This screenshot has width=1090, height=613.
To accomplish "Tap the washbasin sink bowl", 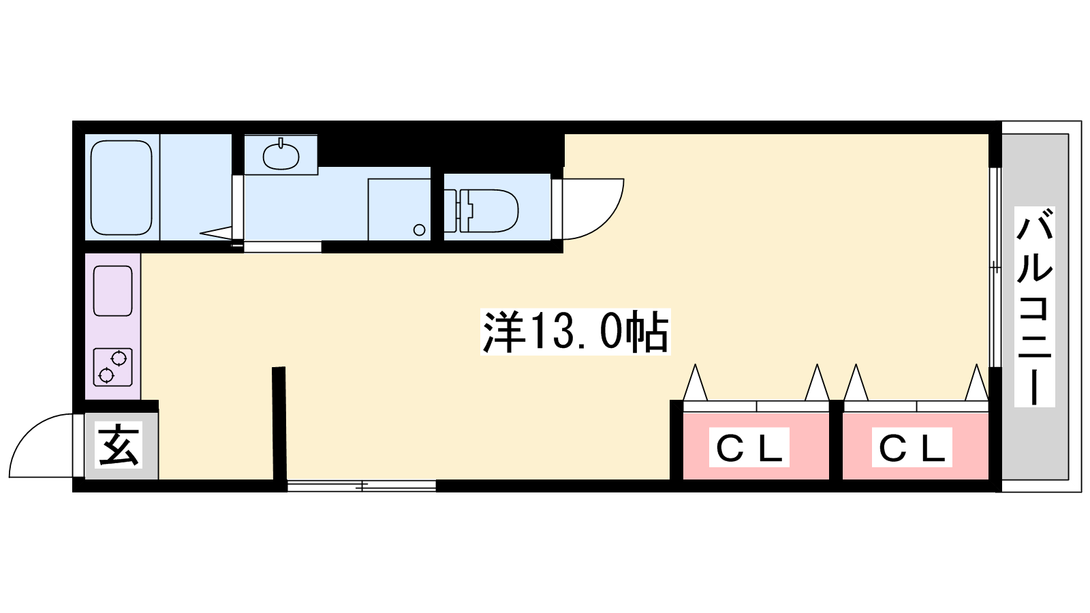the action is point(281,156).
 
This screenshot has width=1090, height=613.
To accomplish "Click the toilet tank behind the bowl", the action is point(450,210).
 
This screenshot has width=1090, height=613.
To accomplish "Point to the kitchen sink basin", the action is point(113,290).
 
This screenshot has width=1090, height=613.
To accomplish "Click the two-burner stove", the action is point(113,367).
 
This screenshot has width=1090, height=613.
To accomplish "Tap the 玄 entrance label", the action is point(119,445).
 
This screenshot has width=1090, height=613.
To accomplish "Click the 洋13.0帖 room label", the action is point(575,331).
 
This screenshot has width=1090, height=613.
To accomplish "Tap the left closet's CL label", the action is point(749,447).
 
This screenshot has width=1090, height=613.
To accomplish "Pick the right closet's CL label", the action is point(912,447).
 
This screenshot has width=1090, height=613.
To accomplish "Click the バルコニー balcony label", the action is point(1035,306).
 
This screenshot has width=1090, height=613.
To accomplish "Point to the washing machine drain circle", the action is point(420,230).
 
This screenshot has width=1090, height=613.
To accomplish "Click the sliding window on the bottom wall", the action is point(362,486).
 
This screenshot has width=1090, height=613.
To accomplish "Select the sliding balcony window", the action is point(995,267).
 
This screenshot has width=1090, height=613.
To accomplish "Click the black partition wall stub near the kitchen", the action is point(279,423).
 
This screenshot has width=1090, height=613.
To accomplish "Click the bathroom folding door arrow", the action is point(215,234).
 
